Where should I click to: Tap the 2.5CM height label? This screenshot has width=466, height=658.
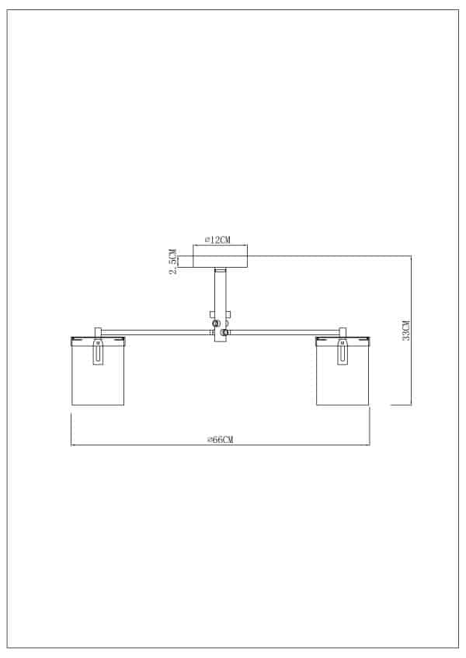pos(173,262)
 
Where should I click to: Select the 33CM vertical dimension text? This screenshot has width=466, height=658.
pos(405,331)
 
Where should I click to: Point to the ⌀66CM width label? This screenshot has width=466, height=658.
pos(221,439)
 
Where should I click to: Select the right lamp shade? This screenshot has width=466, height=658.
pos(343,376)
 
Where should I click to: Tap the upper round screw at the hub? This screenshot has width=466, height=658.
pos(217,324)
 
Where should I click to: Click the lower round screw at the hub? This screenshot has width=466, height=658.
pos(224,333)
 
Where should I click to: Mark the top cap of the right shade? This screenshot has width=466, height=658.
pos(343,339)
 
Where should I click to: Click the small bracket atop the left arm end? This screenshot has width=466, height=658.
pos(99,331)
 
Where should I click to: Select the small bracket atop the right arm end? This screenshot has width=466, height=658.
pos(343,331)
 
